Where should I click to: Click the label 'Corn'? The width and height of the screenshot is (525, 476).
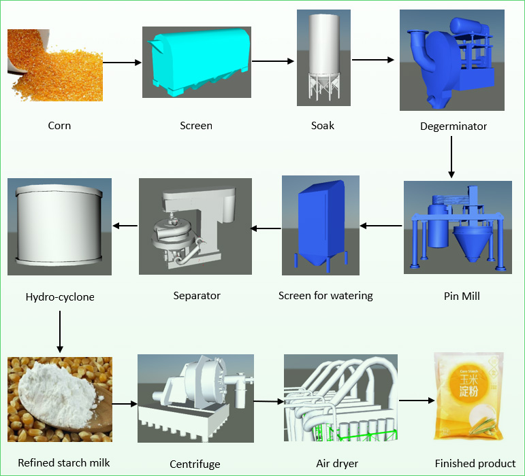[x=59, y=125]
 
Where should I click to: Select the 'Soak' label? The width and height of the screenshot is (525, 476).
[x=322, y=125]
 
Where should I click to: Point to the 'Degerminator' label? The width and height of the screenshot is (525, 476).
[x=453, y=126]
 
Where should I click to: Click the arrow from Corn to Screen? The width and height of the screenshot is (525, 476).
[x=122, y=63]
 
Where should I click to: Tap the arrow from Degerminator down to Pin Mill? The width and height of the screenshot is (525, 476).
[x=452, y=156]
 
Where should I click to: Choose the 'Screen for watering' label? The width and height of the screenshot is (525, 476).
[x=325, y=296]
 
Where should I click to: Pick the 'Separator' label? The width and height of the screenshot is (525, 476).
[x=197, y=296]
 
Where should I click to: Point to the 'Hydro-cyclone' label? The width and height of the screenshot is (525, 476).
[x=60, y=296]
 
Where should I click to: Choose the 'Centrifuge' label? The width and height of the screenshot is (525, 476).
[x=195, y=464]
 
